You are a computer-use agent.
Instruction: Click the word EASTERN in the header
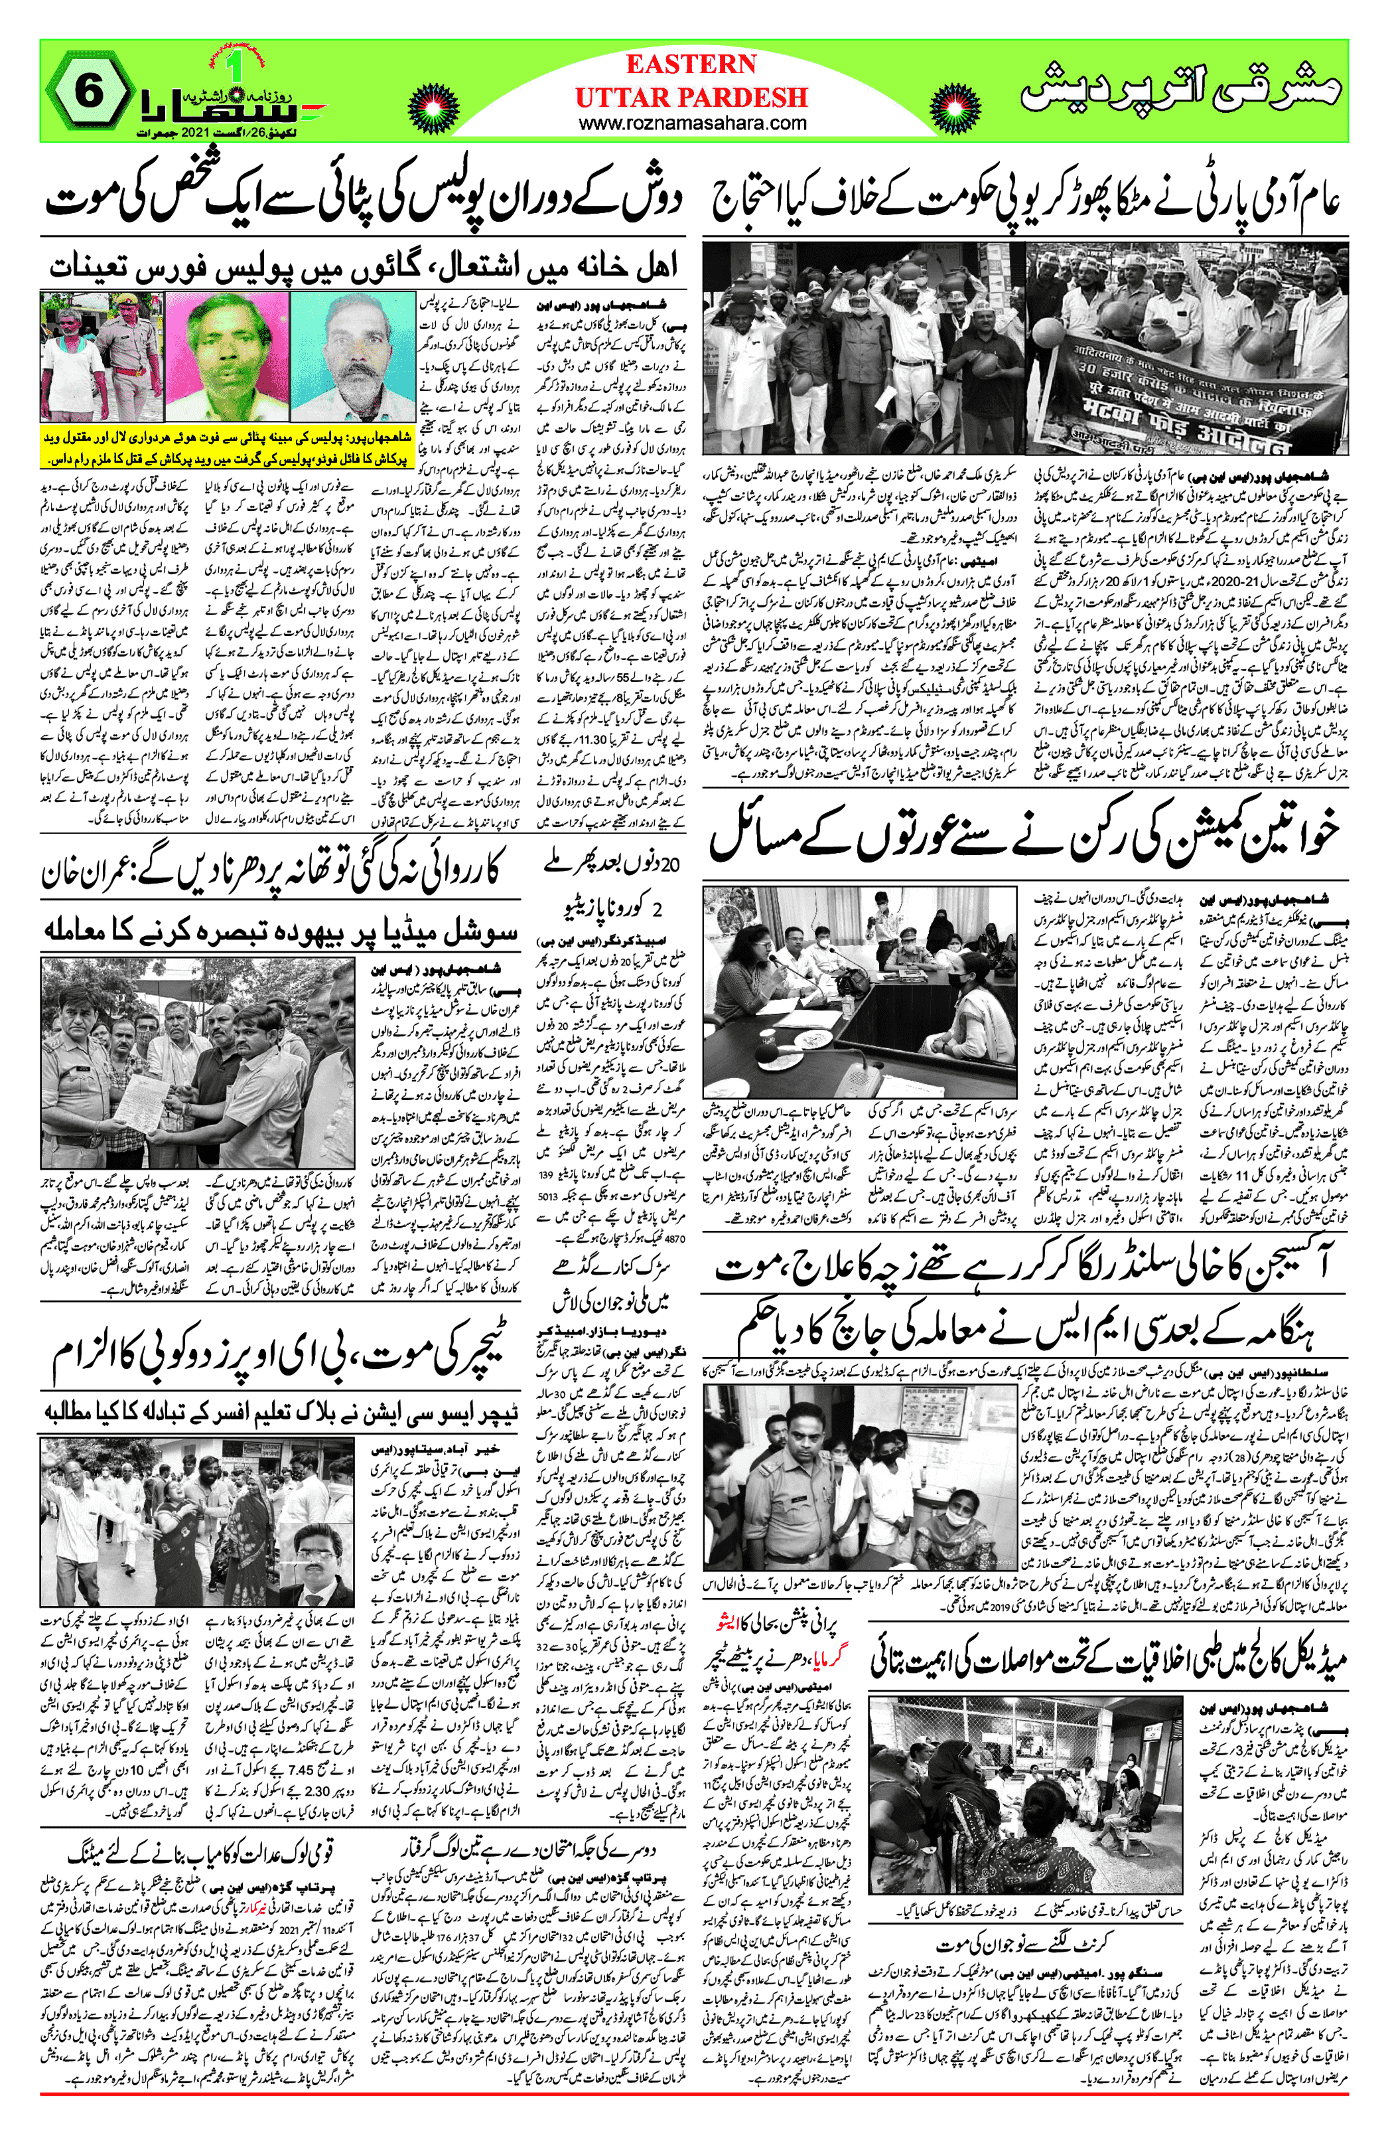(x=691, y=64)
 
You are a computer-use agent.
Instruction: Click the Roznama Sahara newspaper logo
(x=230, y=106)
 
